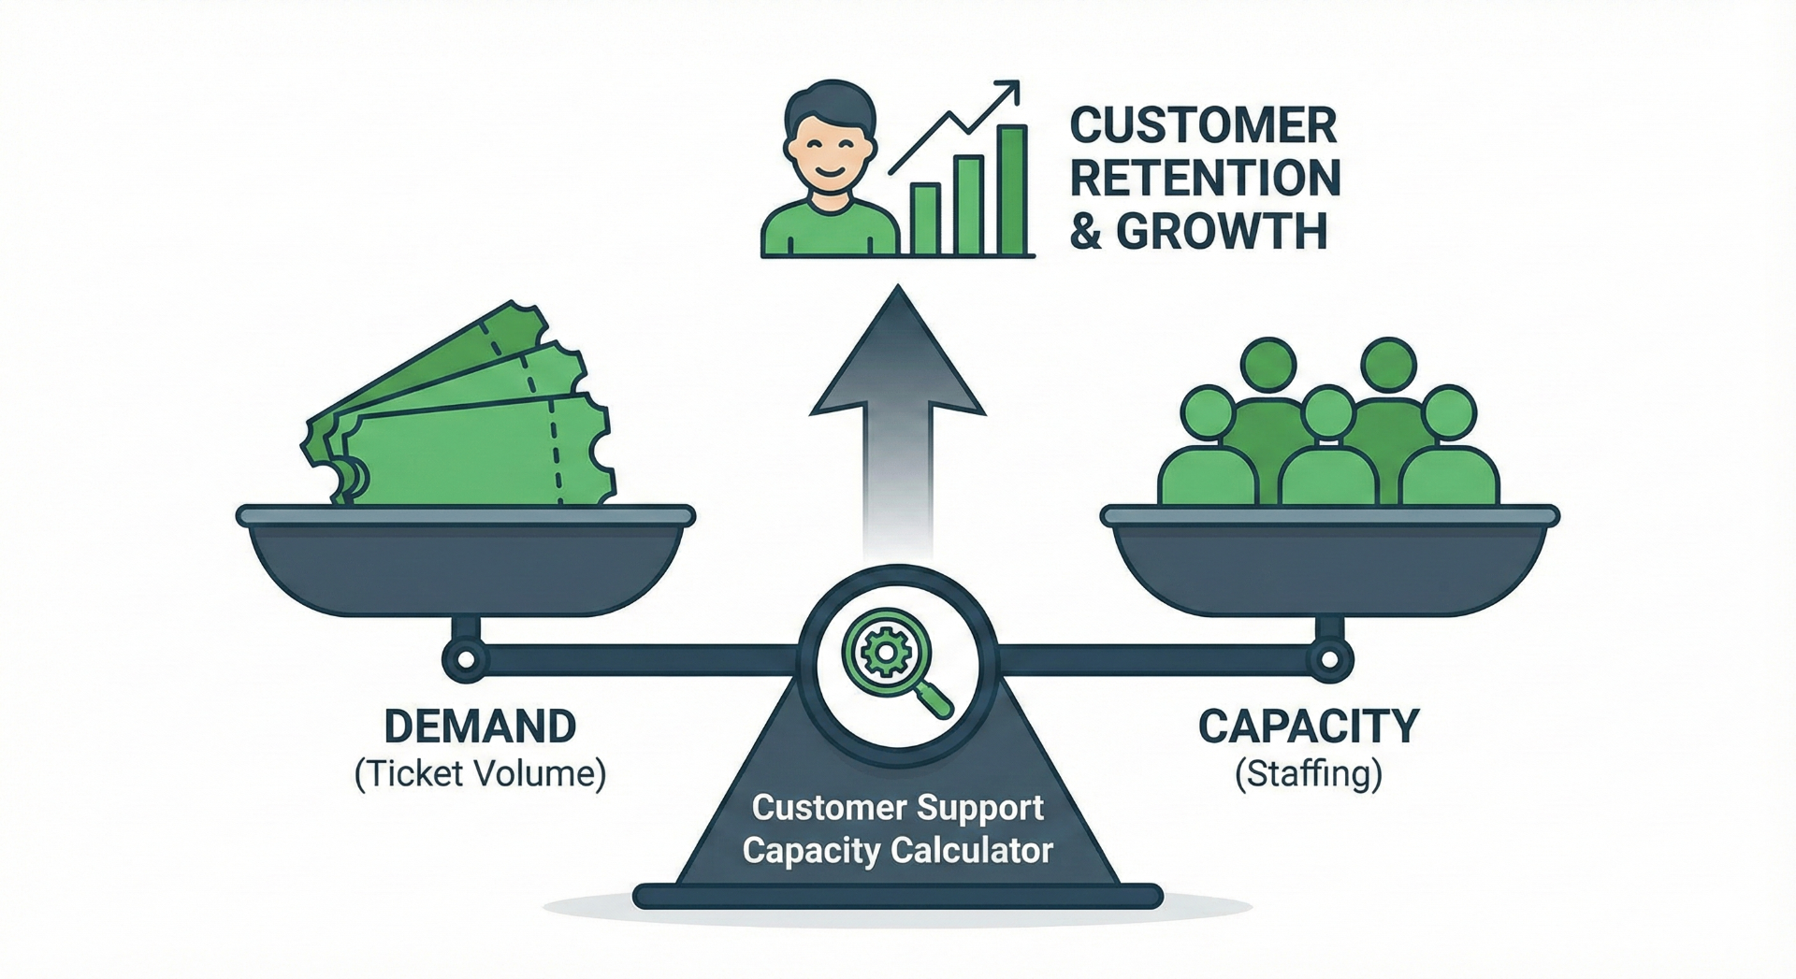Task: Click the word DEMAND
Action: coord(480,727)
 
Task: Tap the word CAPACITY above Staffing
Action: coord(1309,727)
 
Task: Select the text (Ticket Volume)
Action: coord(480,774)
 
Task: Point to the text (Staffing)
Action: coord(1309,774)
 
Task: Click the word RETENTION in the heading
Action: coord(1205,179)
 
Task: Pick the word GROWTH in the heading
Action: coord(1222,231)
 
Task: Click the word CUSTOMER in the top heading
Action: coord(1203,126)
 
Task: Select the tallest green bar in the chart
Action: coord(1011,191)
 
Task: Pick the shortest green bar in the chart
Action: coord(924,220)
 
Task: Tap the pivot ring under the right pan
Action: coord(1329,660)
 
